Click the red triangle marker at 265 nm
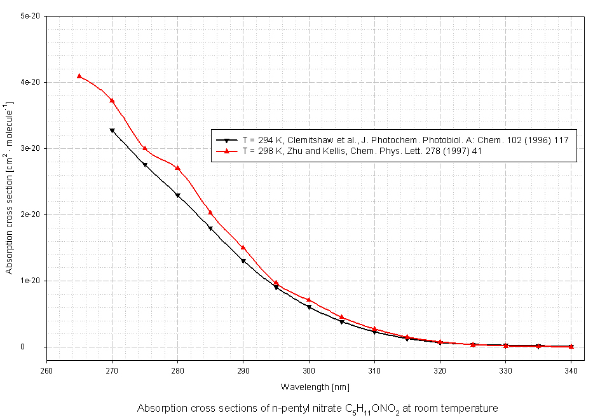point(79,76)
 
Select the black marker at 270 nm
point(112,130)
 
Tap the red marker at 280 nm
point(178,168)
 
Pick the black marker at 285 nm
point(210,228)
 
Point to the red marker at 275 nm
point(145,148)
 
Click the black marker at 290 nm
point(243,261)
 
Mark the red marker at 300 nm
point(309,300)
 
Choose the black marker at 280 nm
point(178,195)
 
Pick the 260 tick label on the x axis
point(46,370)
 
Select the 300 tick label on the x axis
point(309,370)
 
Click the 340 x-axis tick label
point(571,370)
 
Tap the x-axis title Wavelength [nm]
point(315,387)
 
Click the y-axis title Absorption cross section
point(10,188)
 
